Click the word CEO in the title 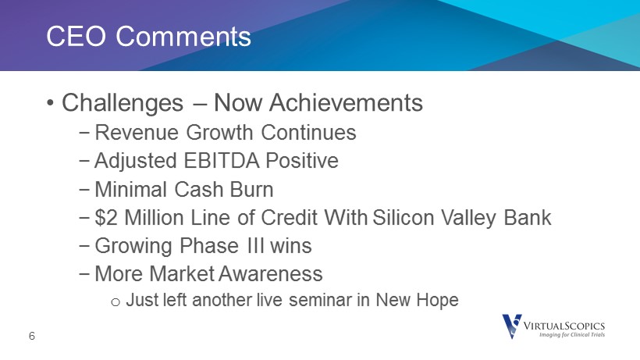point(76,37)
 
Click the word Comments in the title point(183,37)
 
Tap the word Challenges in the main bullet point(123,103)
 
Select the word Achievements point(346,102)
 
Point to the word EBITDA point(221,160)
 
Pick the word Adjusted point(136,161)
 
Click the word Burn point(251,190)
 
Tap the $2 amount point(106,218)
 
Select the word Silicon point(404,217)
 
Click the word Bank point(528,217)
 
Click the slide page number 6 point(32,336)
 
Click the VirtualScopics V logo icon point(512,326)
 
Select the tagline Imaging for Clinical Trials point(572,335)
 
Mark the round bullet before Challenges point(50,103)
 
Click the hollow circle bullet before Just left point(116,302)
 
